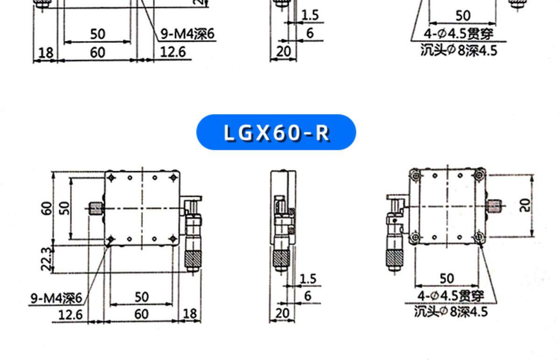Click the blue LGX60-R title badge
276,132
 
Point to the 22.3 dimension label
47,259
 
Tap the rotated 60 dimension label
47,208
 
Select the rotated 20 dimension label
525,205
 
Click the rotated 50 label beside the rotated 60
64,208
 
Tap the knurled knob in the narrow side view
281,258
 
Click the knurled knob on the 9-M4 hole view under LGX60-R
193,259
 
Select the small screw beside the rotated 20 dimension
494,206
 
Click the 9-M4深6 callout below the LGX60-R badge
56,298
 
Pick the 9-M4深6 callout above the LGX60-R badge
188,34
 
